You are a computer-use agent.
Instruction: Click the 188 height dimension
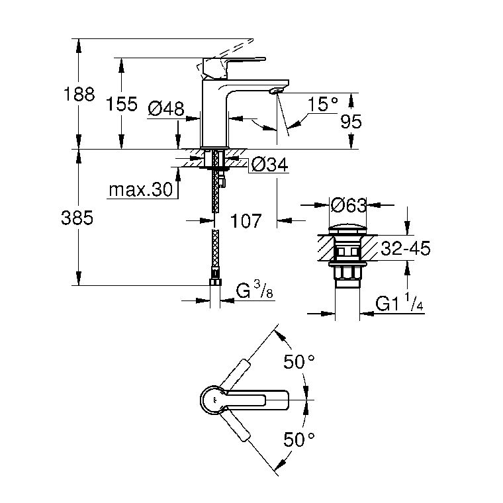79,94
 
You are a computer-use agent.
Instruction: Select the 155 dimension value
122,104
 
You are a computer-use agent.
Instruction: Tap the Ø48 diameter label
166,109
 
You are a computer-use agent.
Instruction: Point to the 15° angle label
323,104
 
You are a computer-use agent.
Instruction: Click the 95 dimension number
351,122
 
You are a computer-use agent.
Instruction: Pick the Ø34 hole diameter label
270,165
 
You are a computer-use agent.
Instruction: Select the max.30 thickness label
141,189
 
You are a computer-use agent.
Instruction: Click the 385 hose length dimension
77,218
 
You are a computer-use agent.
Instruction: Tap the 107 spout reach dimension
246,220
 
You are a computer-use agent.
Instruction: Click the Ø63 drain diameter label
348,205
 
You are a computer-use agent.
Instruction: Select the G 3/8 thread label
255,290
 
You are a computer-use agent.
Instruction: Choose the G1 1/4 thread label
399,302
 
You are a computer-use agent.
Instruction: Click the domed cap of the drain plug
348,230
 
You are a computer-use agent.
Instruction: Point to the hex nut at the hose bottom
216,282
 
